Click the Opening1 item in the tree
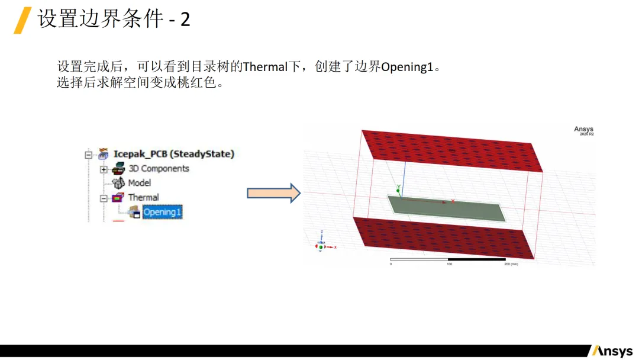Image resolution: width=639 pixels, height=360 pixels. tap(162, 212)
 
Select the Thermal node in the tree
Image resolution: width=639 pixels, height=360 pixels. tap(143, 197)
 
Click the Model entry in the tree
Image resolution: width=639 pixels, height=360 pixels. tap(139, 183)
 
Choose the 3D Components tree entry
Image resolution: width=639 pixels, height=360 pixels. tap(159, 168)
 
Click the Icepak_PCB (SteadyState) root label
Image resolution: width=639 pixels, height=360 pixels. tap(174, 154)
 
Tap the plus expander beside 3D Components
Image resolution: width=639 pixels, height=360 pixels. tap(104, 169)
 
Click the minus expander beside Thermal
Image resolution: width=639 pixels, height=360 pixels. tap(104, 198)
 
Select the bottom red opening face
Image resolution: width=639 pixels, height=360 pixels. tap(444, 237)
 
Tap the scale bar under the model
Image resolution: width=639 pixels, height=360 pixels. tap(448, 259)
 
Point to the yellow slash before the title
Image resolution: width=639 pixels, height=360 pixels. tap(22, 20)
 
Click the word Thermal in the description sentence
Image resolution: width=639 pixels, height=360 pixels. tap(265, 67)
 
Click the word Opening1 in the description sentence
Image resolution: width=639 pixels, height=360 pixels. tap(407, 67)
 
